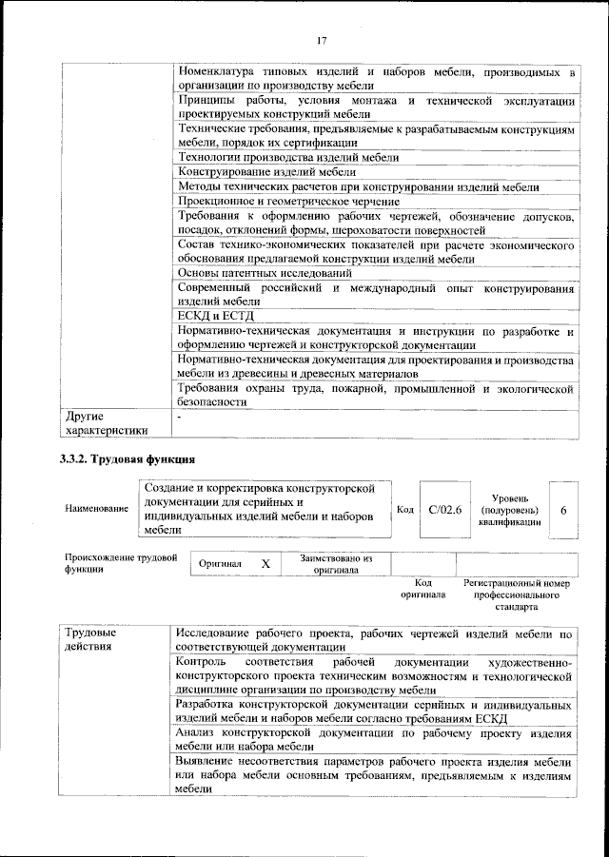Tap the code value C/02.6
point(445,511)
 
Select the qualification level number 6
point(564,511)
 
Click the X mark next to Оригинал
point(265,563)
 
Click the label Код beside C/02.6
point(404,511)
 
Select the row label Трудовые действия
point(90,640)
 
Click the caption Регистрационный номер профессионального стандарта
point(517,594)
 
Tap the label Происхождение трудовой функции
point(121,563)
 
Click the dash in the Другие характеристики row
point(178,417)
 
